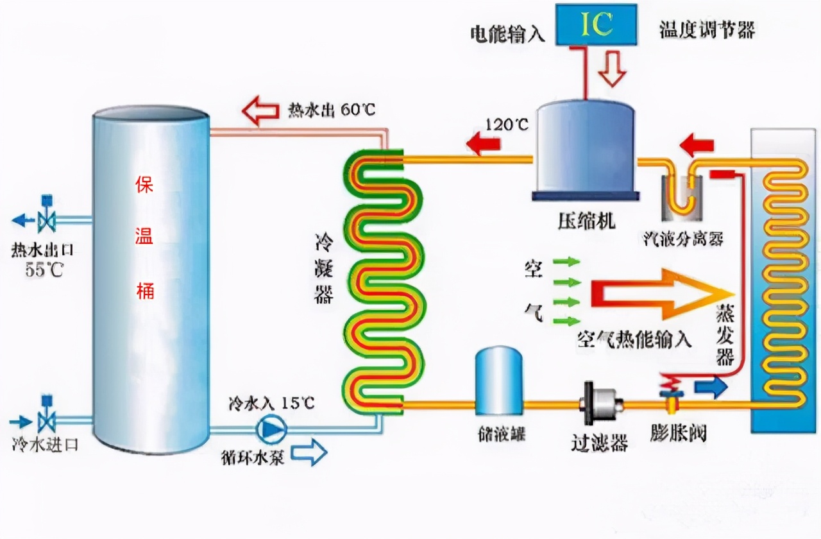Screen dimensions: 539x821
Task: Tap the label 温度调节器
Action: pos(707,30)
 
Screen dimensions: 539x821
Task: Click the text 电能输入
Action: pos(507,34)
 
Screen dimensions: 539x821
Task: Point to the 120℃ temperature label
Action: pos(507,124)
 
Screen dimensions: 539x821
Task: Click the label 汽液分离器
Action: pos(684,239)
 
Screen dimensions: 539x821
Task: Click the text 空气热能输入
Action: pos(634,339)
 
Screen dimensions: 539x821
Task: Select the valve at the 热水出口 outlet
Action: pos(46,220)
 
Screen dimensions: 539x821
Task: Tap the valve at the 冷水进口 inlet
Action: pos(46,421)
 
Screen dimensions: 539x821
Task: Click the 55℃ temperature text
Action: pos(45,269)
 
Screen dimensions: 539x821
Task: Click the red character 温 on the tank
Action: pos(144,237)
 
